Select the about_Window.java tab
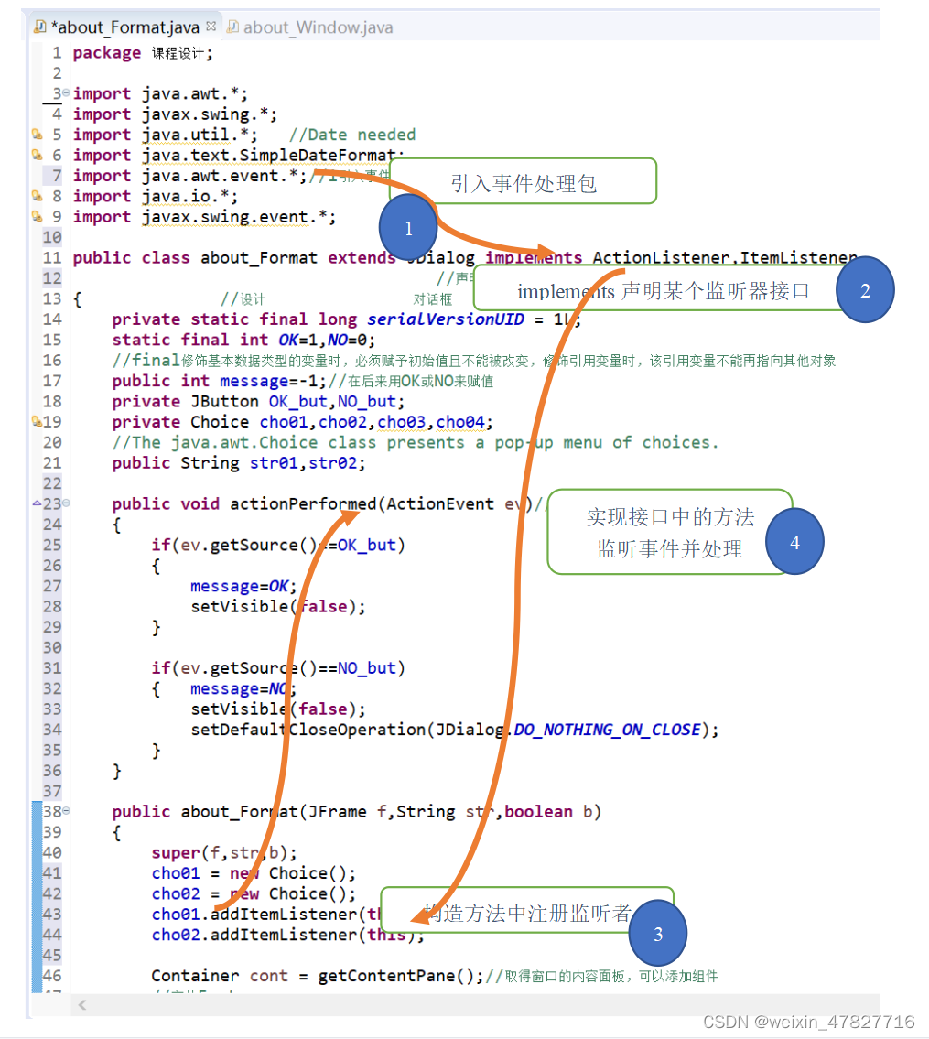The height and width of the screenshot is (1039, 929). tap(317, 27)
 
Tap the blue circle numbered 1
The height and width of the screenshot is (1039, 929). tap(408, 229)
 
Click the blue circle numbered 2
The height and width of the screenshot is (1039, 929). tap(865, 290)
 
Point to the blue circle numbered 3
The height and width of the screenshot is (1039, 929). tap(658, 934)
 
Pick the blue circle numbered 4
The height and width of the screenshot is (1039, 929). tap(794, 542)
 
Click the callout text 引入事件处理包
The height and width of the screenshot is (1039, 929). tap(524, 183)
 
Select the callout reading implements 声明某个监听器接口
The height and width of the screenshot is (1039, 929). tap(664, 291)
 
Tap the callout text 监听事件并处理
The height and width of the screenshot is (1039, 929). tap(670, 549)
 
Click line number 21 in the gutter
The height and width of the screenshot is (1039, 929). tap(52, 463)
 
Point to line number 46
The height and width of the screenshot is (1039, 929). tap(52, 976)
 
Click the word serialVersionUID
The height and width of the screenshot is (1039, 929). tap(446, 319)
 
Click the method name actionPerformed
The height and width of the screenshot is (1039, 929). tap(303, 504)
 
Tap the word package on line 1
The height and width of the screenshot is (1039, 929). tap(107, 53)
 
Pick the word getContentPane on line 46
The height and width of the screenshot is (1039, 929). tap(386, 976)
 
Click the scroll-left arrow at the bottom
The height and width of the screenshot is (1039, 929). tap(82, 1005)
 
